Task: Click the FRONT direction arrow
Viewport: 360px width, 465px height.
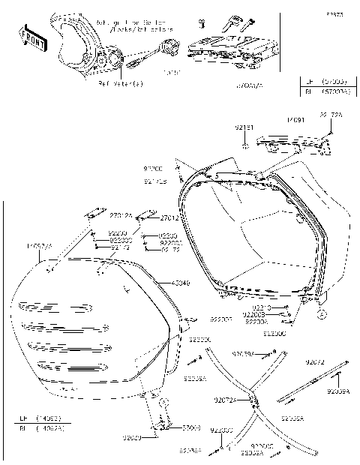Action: pos(34,37)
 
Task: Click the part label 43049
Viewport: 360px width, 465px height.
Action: pos(181,283)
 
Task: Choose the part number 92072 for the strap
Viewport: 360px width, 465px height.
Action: pos(316,362)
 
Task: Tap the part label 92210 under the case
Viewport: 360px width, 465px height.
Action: pos(261,307)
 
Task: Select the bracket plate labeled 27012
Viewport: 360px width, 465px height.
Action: pos(95,213)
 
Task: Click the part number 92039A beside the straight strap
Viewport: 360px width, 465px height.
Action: pos(338,391)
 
